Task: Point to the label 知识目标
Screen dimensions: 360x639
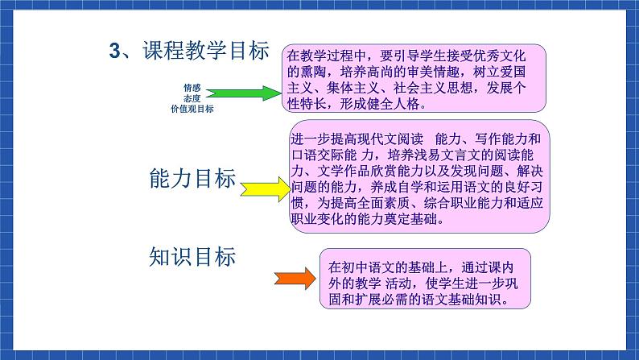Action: click(193, 257)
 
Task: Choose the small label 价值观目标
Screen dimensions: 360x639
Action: click(192, 109)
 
